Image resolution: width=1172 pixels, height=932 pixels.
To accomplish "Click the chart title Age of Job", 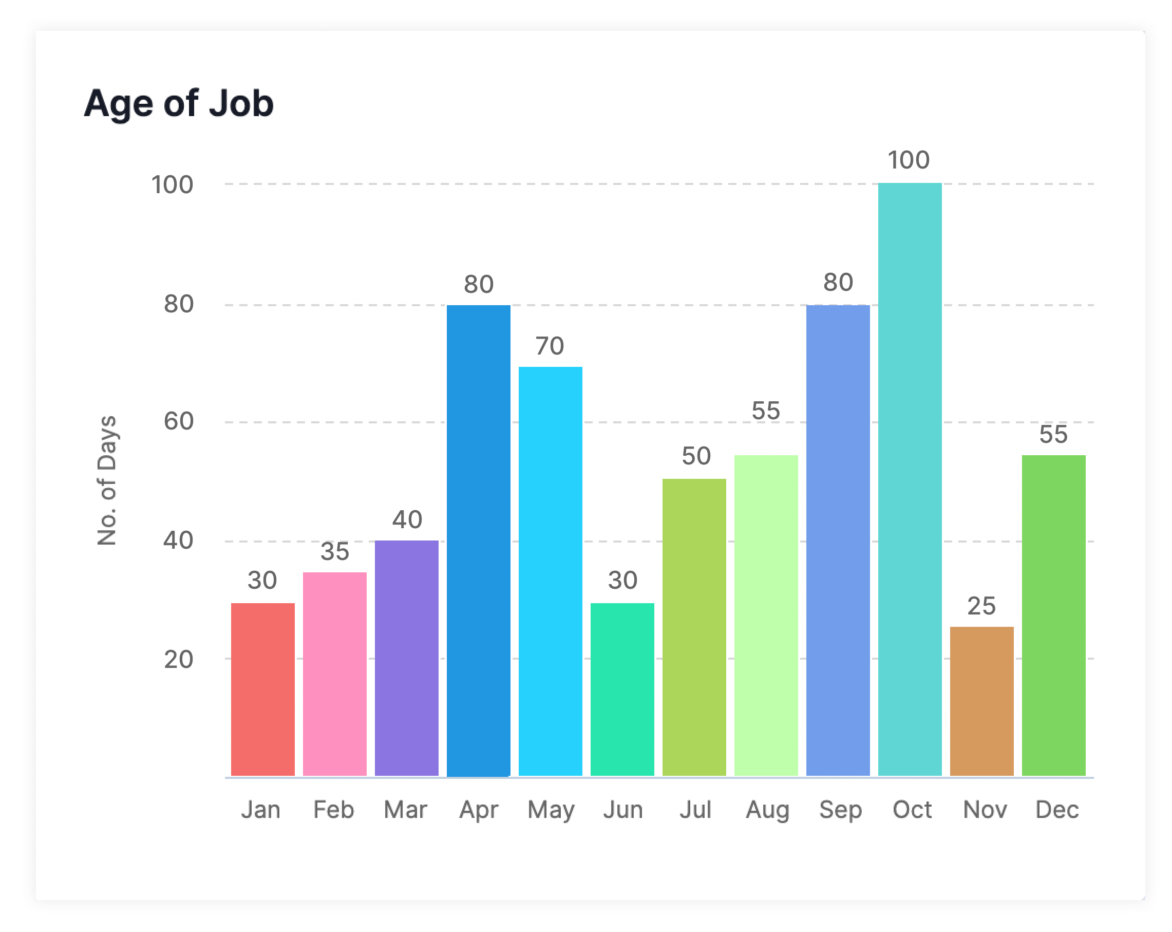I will click(x=178, y=103).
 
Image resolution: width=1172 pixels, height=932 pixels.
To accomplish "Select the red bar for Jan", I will click(x=262, y=689).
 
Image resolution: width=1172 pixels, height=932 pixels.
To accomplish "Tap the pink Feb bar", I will click(x=334, y=674).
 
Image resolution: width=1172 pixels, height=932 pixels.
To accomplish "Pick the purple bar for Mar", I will click(x=407, y=658).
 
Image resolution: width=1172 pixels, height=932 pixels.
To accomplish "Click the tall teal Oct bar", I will click(x=910, y=479).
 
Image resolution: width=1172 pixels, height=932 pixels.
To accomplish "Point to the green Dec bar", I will click(x=1053, y=615).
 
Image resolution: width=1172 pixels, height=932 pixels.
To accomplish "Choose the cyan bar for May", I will click(x=550, y=571).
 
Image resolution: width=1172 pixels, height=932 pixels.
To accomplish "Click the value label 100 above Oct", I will click(x=909, y=160).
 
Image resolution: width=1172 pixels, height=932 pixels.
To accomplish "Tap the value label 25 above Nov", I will click(x=981, y=606).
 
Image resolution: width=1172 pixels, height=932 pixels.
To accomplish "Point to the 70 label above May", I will click(x=550, y=346).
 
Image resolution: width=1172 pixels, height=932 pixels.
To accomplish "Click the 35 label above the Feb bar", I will click(x=334, y=552).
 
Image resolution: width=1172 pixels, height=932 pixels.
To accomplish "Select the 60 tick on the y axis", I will click(x=179, y=421).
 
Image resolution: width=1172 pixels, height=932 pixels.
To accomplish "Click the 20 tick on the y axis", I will click(x=179, y=660).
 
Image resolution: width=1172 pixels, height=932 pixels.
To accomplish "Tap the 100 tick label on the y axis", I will click(x=173, y=185).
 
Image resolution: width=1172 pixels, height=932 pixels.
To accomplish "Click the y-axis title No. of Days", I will click(x=107, y=481).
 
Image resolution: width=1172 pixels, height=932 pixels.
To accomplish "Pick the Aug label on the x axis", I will click(x=767, y=810).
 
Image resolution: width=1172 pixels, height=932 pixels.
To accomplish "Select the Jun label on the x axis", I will click(x=623, y=810).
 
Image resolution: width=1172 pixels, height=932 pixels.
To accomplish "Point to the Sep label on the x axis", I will click(x=840, y=810).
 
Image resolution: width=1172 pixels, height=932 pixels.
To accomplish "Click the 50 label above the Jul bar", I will click(x=696, y=456).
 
